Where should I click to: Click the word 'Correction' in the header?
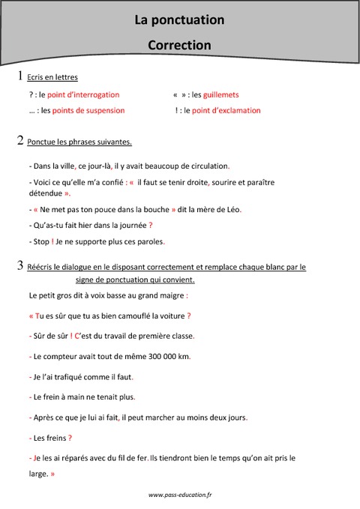pos(179,45)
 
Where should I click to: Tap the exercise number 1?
pos(19,76)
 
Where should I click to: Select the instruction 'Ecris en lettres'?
pos(52,77)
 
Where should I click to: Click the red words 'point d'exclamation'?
pos(226,110)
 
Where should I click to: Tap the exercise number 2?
pos(19,139)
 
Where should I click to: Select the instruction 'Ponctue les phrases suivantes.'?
pos(79,142)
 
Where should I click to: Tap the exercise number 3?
pos(19,265)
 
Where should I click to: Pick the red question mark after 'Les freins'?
pos(70,437)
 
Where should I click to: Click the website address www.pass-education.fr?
pos(180,496)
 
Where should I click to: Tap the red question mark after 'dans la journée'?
pos(151,225)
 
